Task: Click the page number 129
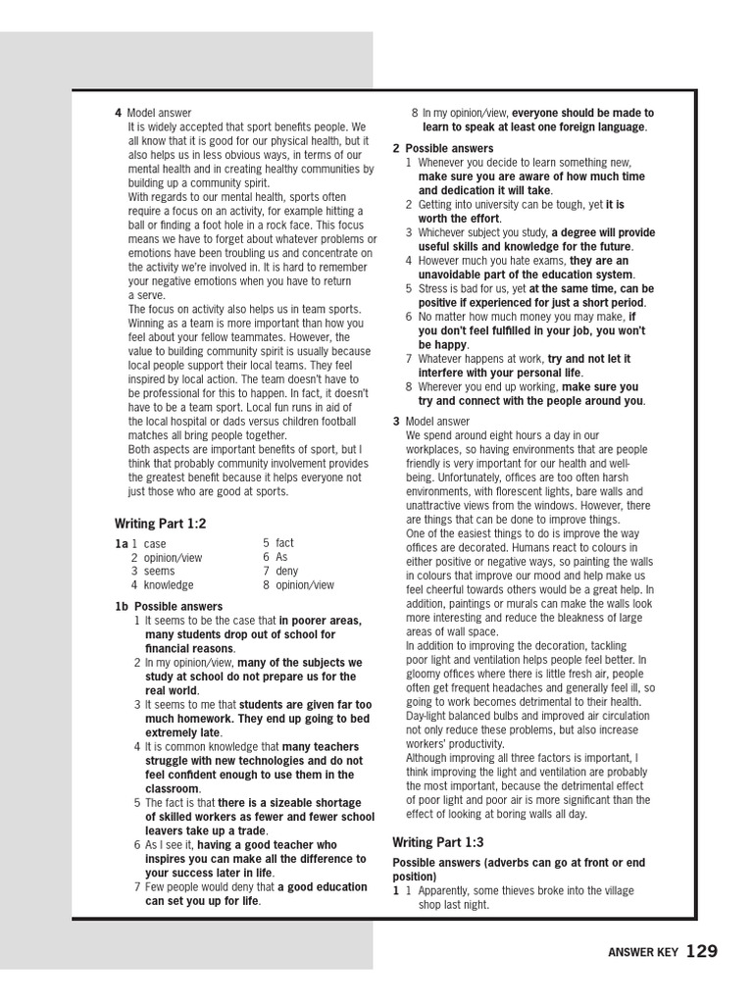[702, 951]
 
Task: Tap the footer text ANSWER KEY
[642, 952]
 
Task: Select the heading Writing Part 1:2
[161, 524]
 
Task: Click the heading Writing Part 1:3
[438, 841]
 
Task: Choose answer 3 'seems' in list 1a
[160, 571]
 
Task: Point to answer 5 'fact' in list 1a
[284, 542]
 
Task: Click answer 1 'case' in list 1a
[155, 543]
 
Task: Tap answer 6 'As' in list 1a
[283, 557]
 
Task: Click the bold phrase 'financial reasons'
[189, 648]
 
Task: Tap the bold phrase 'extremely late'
[182, 732]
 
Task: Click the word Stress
[432, 289]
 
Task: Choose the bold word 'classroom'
[172, 788]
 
